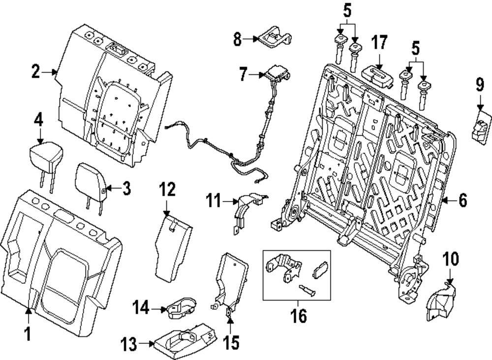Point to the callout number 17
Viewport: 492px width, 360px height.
379,43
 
